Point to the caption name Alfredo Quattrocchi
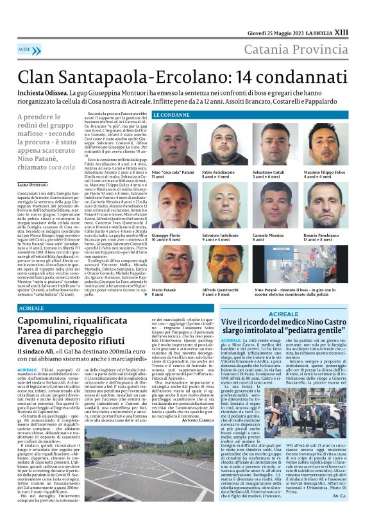pyautogui.click(x=221, y=289)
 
